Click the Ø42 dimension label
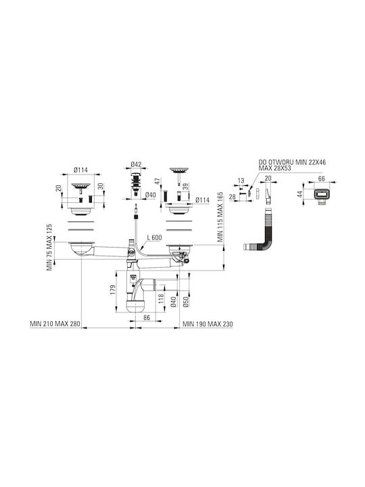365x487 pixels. pyautogui.click(x=136, y=164)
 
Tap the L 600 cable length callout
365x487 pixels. pyautogui.click(x=154, y=237)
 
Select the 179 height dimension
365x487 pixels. pyautogui.click(x=113, y=289)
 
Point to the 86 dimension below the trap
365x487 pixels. pyautogui.click(x=147, y=318)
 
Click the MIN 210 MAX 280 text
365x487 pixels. pyautogui.click(x=55, y=324)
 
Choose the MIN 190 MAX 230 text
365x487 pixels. pyautogui.click(x=208, y=324)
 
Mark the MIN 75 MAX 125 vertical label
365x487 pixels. pyautogui.click(x=49, y=248)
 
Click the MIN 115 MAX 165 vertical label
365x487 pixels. pyautogui.click(x=220, y=217)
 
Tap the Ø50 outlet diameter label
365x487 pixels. pyautogui.click(x=186, y=302)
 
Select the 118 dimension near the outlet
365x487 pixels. pyautogui.click(x=161, y=299)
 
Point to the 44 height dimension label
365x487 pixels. pyautogui.click(x=299, y=195)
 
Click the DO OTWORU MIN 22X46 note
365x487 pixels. pyautogui.click(x=292, y=162)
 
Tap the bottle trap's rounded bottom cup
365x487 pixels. pyautogui.click(x=136, y=306)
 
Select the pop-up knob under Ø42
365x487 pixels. pyautogui.click(x=136, y=183)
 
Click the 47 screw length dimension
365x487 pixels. pyautogui.click(x=157, y=182)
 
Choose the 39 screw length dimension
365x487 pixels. pyautogui.click(x=186, y=187)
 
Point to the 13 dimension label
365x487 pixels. pyautogui.click(x=241, y=181)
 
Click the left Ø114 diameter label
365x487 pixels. pyautogui.click(x=80, y=170)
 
